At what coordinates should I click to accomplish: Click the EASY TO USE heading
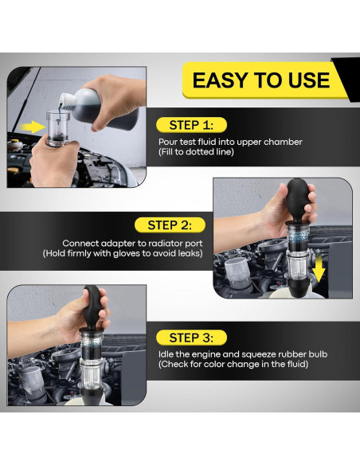(x=261, y=80)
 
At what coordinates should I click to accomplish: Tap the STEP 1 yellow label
(x=191, y=125)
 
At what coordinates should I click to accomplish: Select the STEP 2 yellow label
(x=170, y=225)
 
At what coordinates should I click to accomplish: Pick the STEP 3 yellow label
(x=191, y=338)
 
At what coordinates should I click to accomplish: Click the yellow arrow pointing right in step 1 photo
(x=32, y=127)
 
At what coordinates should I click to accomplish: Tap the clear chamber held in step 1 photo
(x=58, y=128)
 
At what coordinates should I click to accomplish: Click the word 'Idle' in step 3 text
(x=166, y=354)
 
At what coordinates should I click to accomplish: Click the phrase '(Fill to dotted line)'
(x=196, y=152)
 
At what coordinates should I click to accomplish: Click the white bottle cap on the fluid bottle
(x=67, y=100)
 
